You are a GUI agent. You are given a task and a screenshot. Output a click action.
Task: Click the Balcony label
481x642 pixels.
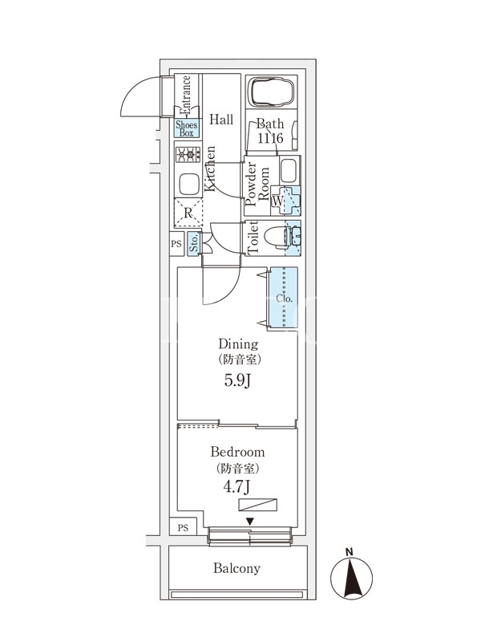(236, 568)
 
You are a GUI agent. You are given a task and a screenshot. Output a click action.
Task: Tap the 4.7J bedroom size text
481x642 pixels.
(236, 486)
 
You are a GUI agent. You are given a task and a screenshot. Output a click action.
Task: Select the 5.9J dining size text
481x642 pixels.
(236, 380)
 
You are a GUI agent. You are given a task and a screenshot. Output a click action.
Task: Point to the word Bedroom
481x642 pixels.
(236, 453)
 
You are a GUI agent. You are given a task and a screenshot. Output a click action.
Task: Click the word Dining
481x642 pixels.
(236, 343)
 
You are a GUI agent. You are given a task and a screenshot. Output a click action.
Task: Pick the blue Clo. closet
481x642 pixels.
(284, 298)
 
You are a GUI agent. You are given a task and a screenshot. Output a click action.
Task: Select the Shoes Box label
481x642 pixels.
(186, 128)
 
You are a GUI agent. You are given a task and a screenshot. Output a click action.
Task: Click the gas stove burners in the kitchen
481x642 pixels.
(187, 155)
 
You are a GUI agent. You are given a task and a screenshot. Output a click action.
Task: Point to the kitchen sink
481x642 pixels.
(188, 184)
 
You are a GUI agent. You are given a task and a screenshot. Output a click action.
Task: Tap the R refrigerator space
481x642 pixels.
(188, 213)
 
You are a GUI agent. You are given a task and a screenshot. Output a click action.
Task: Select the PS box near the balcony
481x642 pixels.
(184, 527)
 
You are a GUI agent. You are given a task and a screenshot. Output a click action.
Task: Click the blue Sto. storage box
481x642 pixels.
(195, 244)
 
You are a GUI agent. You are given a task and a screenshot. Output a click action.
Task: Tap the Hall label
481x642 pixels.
(221, 120)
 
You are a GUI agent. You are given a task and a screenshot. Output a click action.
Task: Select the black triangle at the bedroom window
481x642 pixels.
(250, 522)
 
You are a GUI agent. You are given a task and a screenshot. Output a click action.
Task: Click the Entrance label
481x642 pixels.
(185, 95)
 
